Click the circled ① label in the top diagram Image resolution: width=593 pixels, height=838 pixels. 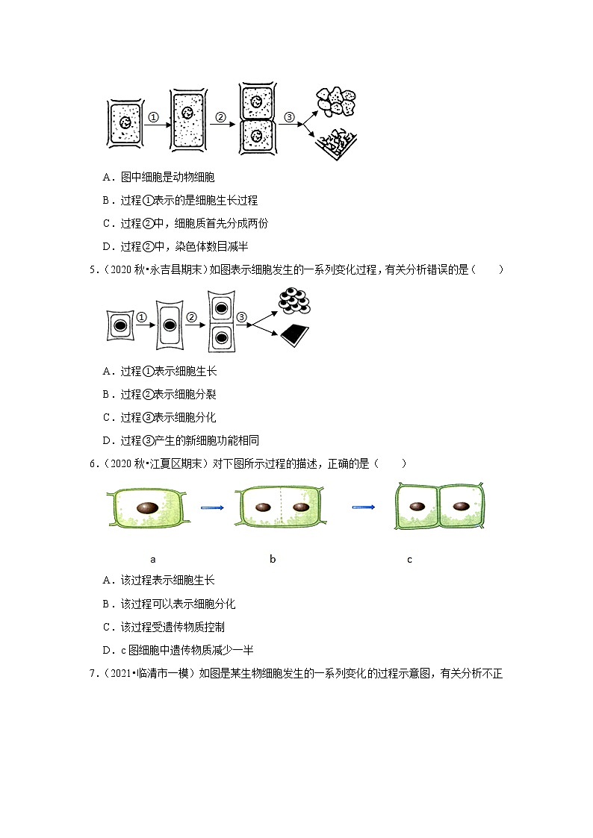click(x=152, y=117)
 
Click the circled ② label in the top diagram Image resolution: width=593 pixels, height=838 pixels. click(x=220, y=117)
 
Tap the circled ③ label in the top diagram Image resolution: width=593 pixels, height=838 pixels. click(x=290, y=117)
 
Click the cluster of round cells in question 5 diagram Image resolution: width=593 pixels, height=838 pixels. click(x=293, y=301)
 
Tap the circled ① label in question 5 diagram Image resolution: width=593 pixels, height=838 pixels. click(x=141, y=318)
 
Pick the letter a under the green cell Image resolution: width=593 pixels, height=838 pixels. click(x=152, y=559)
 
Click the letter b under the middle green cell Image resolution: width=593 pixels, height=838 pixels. click(x=273, y=559)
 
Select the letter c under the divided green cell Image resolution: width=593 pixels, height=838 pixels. click(x=409, y=559)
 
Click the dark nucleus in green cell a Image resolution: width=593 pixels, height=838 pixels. click(x=147, y=507)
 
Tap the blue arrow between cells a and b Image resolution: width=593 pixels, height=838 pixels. click(x=212, y=507)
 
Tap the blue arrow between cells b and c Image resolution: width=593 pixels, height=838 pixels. click(x=363, y=507)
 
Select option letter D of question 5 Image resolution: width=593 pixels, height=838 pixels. click(x=105, y=441)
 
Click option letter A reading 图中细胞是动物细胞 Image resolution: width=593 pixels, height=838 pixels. click(x=106, y=178)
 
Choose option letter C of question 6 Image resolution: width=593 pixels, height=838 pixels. click(x=105, y=627)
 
